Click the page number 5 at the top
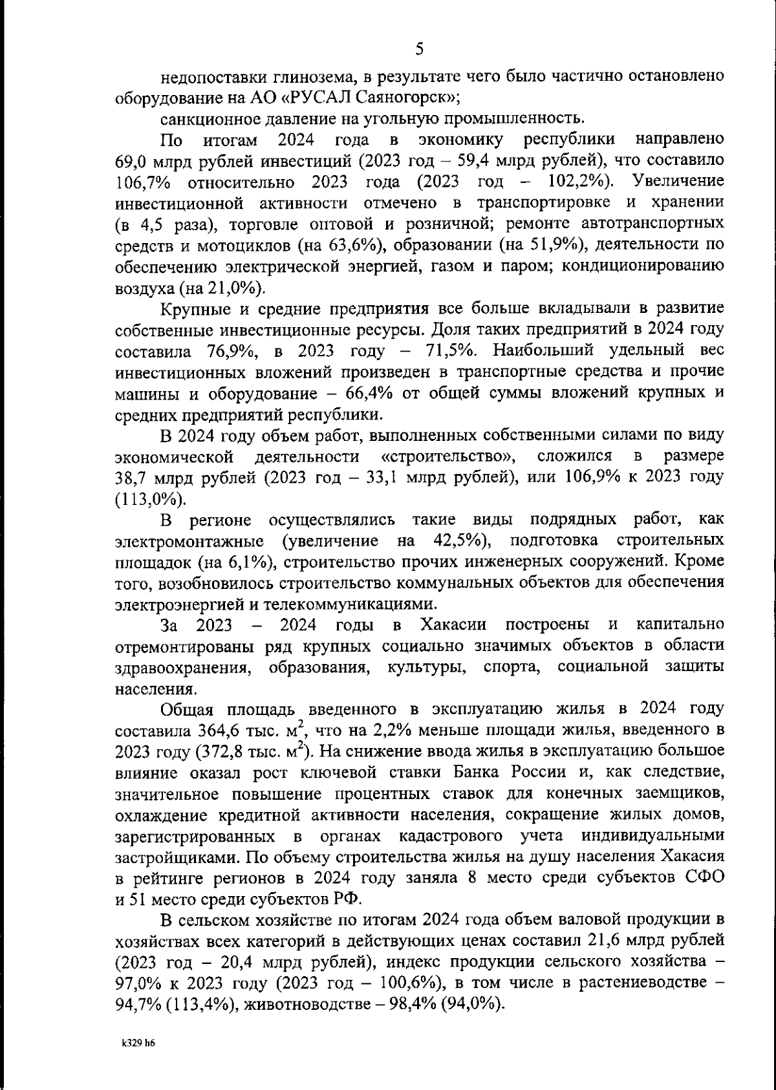(x=419, y=48)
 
